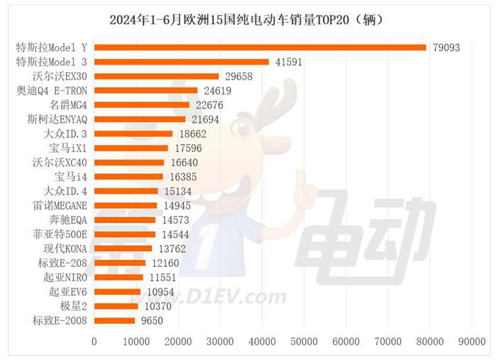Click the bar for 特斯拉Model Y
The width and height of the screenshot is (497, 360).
[260, 48]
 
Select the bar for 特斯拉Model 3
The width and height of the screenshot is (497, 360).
[182, 62]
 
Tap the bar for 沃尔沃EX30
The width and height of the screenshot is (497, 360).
[156, 76]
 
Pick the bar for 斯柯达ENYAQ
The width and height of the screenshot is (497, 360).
[140, 119]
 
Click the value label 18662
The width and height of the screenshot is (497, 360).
[193, 133]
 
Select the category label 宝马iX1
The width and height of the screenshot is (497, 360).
[68, 148]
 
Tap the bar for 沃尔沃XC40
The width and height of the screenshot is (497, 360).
[129, 163]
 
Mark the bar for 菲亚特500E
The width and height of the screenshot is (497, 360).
[125, 234]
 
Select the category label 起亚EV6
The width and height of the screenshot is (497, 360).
[68, 292]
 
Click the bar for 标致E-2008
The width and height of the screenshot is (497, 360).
[114, 321]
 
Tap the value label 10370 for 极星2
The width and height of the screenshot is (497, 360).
[158, 306]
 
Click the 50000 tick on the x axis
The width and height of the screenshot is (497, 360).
[304, 342]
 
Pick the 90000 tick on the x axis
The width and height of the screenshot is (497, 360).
[471, 342]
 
